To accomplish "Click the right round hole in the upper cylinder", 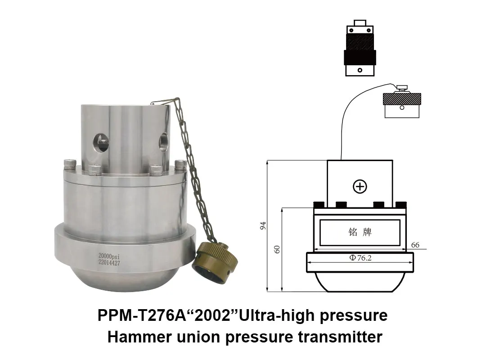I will [162, 142].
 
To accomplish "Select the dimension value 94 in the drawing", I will [263, 225].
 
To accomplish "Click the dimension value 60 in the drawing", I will [277, 249].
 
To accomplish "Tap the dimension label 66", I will [415, 245].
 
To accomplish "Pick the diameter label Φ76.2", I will [360, 258].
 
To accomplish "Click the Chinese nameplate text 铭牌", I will [360, 232].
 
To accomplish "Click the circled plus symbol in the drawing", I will [360, 186].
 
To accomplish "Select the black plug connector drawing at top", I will [360, 48].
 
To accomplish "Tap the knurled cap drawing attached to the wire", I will [401, 104].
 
